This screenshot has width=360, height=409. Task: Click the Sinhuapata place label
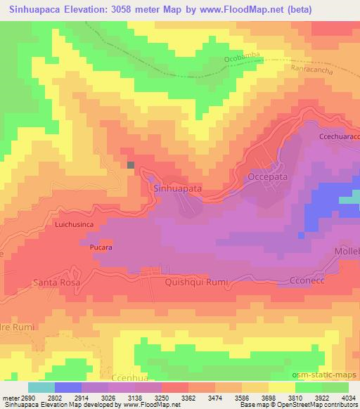(x=177, y=189)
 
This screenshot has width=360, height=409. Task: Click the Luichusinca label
(x=79, y=226)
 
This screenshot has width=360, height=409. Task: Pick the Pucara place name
(x=101, y=248)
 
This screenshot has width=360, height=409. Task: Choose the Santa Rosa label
(x=58, y=283)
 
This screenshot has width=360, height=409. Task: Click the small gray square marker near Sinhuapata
(x=131, y=164)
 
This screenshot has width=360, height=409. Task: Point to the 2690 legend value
(x=21, y=398)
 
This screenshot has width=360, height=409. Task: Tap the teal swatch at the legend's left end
(x=41, y=387)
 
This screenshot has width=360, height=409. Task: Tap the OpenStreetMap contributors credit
(x=323, y=405)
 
